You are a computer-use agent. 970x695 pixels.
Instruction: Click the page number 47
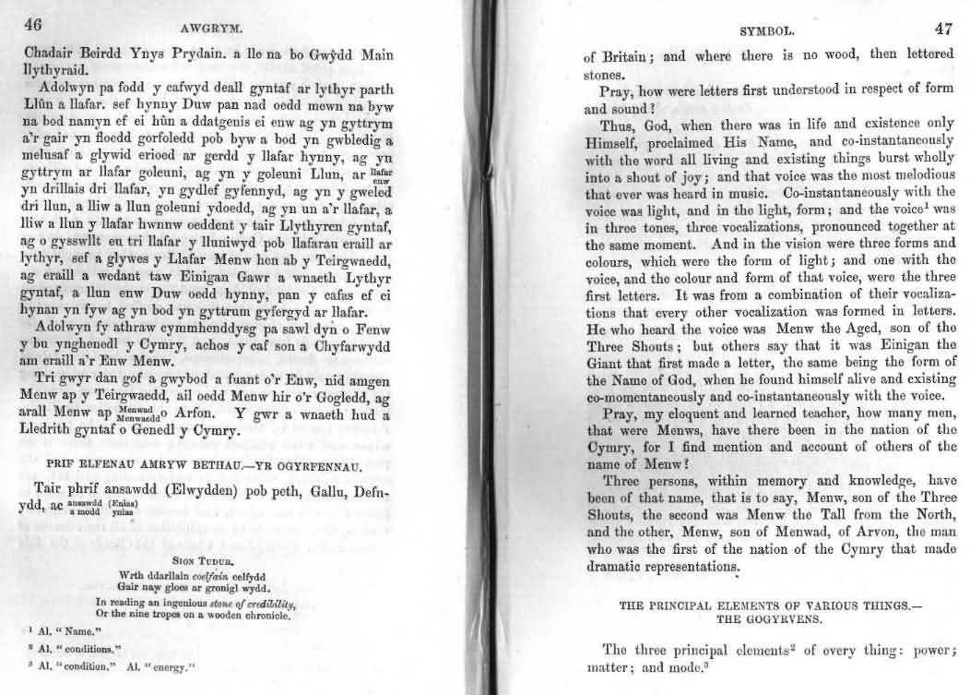943,29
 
